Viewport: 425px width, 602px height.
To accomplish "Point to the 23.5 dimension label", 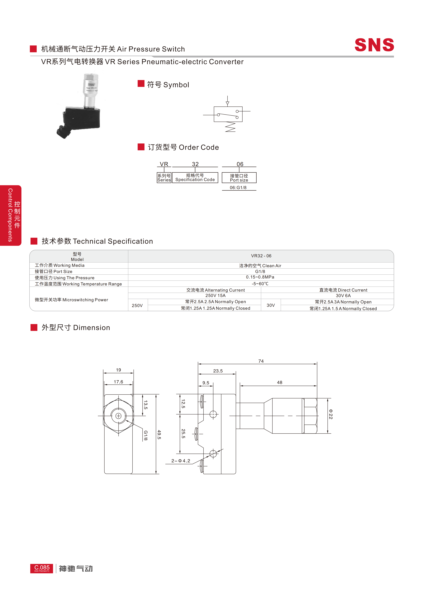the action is (218, 371).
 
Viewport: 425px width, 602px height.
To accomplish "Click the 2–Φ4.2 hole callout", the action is (181, 461).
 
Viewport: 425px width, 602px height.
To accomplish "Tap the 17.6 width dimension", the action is (118, 382).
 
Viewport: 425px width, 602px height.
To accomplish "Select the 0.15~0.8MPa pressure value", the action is (260, 277).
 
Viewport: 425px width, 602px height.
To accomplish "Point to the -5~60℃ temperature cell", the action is (260, 284).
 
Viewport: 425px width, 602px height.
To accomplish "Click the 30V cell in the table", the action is (271, 305).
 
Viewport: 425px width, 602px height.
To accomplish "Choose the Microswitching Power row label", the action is (72, 300).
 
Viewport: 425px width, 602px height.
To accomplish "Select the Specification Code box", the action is (195, 178).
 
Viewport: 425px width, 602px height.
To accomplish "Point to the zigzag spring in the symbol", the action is (230, 127).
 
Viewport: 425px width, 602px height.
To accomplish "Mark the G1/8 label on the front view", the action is (146, 435).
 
